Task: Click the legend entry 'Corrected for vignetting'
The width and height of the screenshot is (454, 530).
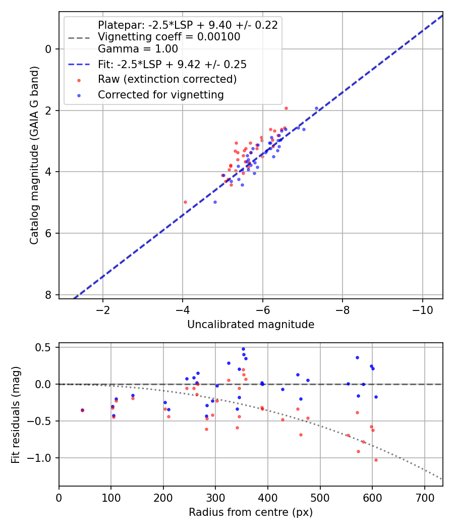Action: tap(160, 94)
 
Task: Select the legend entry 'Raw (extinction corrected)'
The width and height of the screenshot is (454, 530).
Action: tap(167, 79)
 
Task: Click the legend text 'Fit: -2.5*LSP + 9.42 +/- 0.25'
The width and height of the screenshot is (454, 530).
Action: tap(172, 65)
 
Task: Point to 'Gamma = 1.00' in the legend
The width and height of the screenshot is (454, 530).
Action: tap(138, 49)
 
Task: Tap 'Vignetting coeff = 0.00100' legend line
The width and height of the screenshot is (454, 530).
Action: tap(169, 37)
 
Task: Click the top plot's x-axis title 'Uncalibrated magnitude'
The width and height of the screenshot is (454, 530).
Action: tap(251, 325)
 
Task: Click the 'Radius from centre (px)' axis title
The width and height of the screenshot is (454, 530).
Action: tap(251, 512)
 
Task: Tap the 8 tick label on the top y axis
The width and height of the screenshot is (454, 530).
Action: tap(48, 295)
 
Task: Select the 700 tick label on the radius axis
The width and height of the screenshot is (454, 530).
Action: tap(424, 497)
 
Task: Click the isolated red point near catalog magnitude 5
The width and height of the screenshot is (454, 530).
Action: tap(185, 202)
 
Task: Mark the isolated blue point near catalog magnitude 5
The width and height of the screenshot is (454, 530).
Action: tap(215, 202)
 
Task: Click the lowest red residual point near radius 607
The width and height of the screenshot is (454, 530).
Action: tap(376, 460)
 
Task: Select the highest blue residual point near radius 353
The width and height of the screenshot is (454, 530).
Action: tap(243, 349)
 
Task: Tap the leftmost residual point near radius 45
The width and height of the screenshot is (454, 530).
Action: tap(82, 410)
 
